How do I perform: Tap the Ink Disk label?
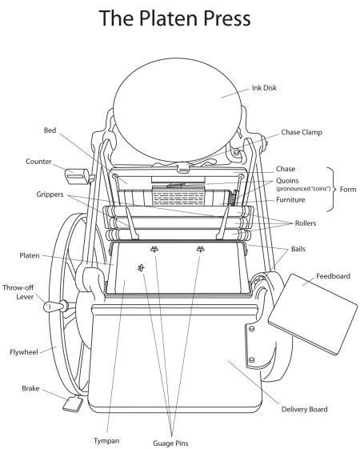click(x=264, y=88)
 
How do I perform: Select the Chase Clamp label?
click(x=302, y=132)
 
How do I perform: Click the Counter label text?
click(x=38, y=162)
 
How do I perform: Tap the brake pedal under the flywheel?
click(x=73, y=403)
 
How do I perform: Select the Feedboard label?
click(x=333, y=276)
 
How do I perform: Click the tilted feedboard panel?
click(x=313, y=314)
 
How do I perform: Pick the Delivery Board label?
click(x=305, y=409)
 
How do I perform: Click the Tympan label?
click(x=106, y=441)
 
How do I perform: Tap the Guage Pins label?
click(x=170, y=443)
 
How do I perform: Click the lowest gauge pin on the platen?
click(x=141, y=268)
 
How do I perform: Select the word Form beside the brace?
click(x=348, y=189)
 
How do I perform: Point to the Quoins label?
click(x=287, y=181)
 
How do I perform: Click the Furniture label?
click(x=290, y=199)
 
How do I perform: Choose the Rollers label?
click(x=306, y=223)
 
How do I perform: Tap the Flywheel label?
click(x=24, y=352)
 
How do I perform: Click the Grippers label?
click(x=50, y=194)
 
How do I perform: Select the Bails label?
click(x=298, y=249)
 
